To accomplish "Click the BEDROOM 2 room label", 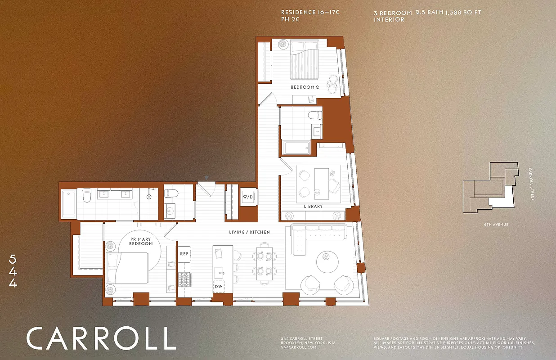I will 305,87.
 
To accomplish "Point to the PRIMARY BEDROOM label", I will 141,242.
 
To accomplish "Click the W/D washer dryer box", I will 248,197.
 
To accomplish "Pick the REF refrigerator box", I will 184,254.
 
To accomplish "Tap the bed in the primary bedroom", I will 126,267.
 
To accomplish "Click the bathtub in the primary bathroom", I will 68,203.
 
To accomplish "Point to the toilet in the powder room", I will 171,194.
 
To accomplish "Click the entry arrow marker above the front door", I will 206,178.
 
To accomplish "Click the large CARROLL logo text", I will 101,338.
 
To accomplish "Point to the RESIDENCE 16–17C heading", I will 309,12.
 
